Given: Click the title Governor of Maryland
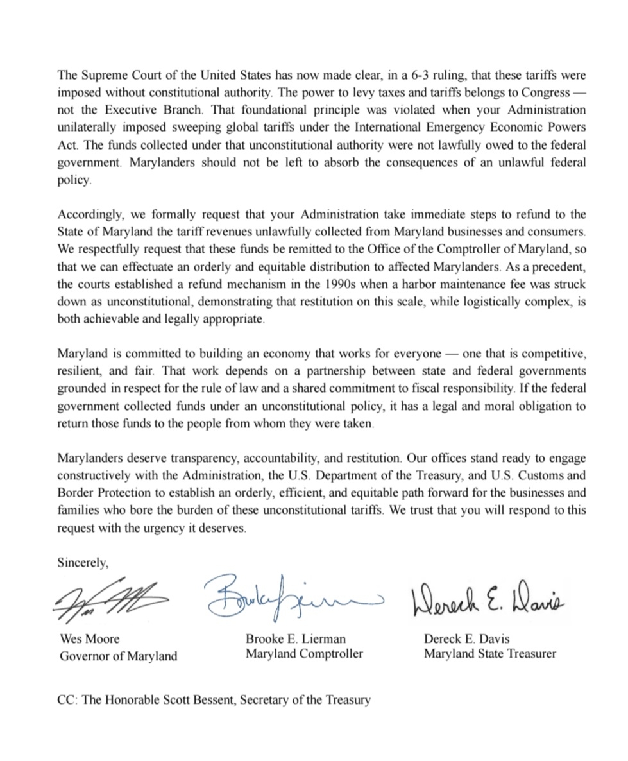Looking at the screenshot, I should click(x=119, y=656).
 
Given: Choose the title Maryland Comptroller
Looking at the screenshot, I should click(x=304, y=654).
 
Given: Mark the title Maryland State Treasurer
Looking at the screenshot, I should click(x=489, y=654).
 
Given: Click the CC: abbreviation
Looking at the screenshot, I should click(x=67, y=699).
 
